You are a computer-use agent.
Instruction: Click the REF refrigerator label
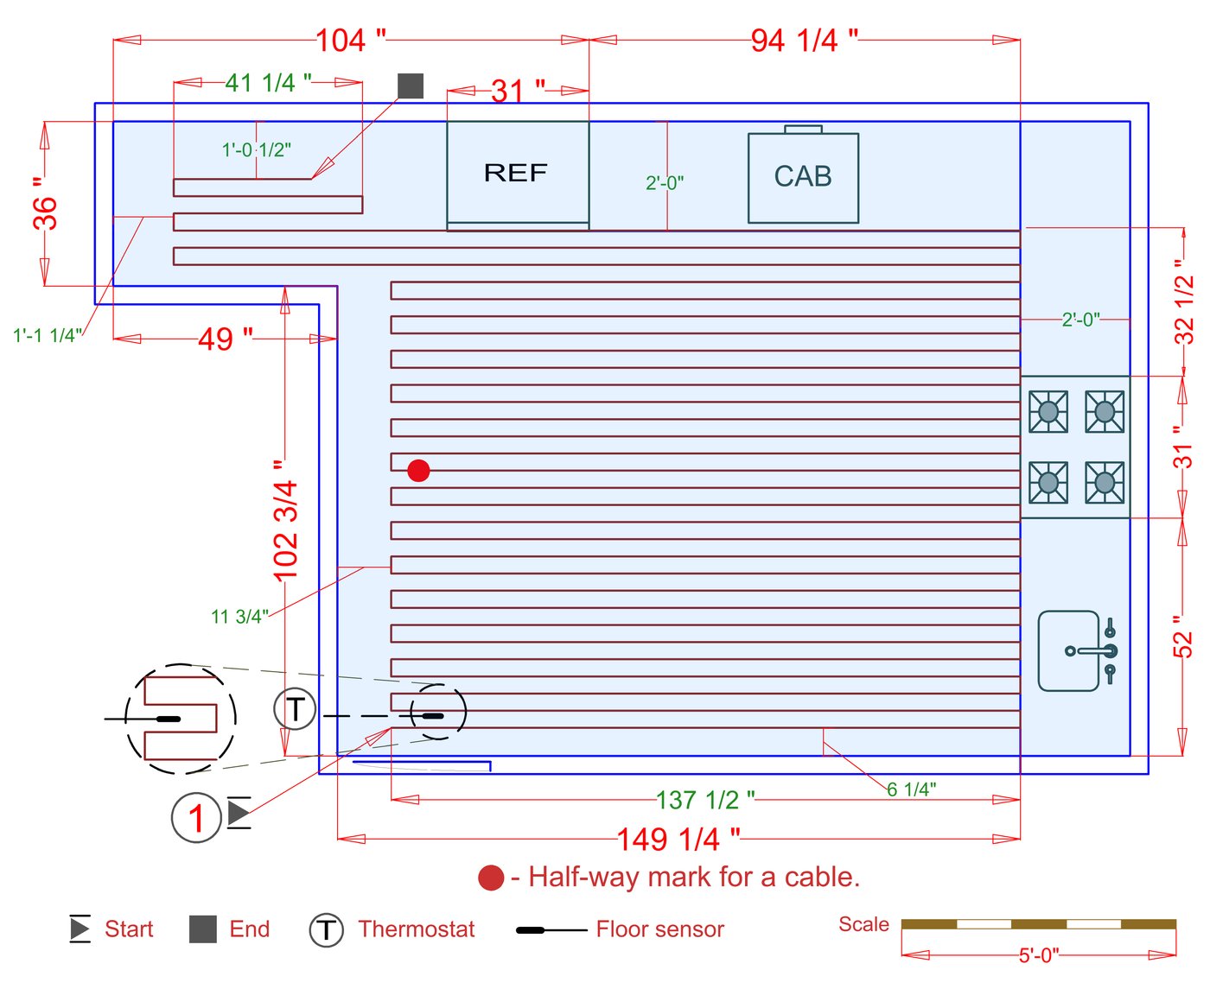pos(515,173)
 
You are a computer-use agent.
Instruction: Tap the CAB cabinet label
pos(803,176)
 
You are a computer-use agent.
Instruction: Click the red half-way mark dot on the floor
pos(418,470)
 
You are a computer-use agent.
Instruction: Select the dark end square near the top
pos(411,86)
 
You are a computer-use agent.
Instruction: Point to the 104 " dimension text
pos(350,40)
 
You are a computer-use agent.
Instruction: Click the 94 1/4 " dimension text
pos(804,40)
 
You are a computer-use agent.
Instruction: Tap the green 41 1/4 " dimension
pos(268,83)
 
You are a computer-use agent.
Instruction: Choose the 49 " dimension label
pos(225,339)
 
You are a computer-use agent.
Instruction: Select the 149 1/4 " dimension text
pos(678,838)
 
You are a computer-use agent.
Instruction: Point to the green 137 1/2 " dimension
pos(705,800)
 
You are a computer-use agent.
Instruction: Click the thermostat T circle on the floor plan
pos(295,709)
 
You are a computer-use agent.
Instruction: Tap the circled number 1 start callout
pos(196,817)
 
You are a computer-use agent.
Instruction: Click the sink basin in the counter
pos(1068,650)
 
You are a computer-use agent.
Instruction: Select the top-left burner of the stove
pos(1048,411)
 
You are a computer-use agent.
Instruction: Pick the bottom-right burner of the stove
pos(1105,482)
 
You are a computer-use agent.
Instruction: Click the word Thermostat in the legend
pos(416,929)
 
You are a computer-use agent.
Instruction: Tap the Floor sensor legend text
pos(659,929)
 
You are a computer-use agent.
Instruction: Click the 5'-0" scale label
pos(1038,954)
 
